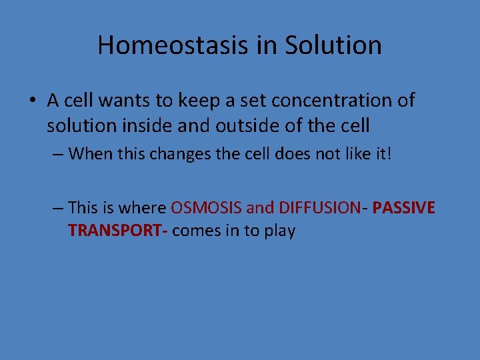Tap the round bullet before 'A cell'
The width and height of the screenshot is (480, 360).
coord(33,101)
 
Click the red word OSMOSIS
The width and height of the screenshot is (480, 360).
coord(206,208)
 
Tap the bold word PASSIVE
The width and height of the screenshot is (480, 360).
coord(404,208)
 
